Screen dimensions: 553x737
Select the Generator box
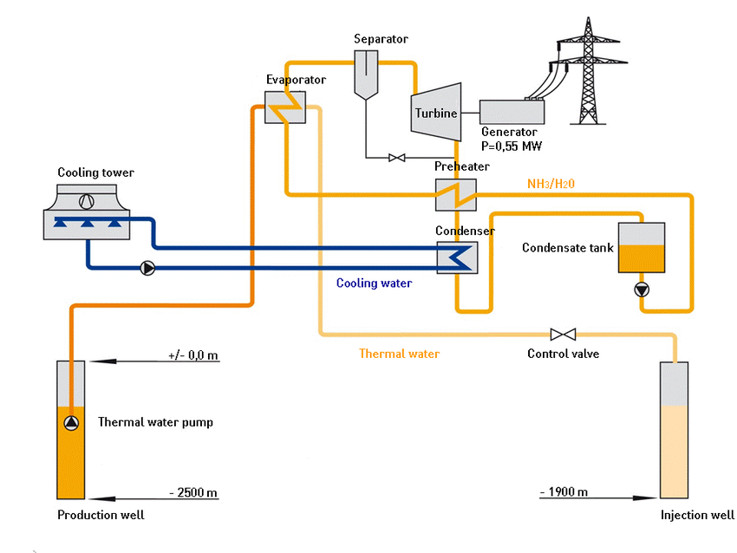coord(512,112)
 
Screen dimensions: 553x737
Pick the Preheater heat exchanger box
coord(455,195)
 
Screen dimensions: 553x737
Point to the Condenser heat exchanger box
coord(455,257)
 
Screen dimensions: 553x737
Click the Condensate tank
coord(641,248)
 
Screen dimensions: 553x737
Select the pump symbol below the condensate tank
coord(641,290)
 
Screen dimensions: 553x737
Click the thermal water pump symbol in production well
coord(71,423)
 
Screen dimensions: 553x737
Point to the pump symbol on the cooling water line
coord(147,268)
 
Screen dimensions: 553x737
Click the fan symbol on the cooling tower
coord(86,202)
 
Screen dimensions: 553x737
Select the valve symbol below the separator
coord(397,158)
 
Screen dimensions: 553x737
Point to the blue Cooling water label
coord(374,283)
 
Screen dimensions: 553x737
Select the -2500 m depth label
coord(193,493)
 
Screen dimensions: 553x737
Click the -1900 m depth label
coord(564,492)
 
